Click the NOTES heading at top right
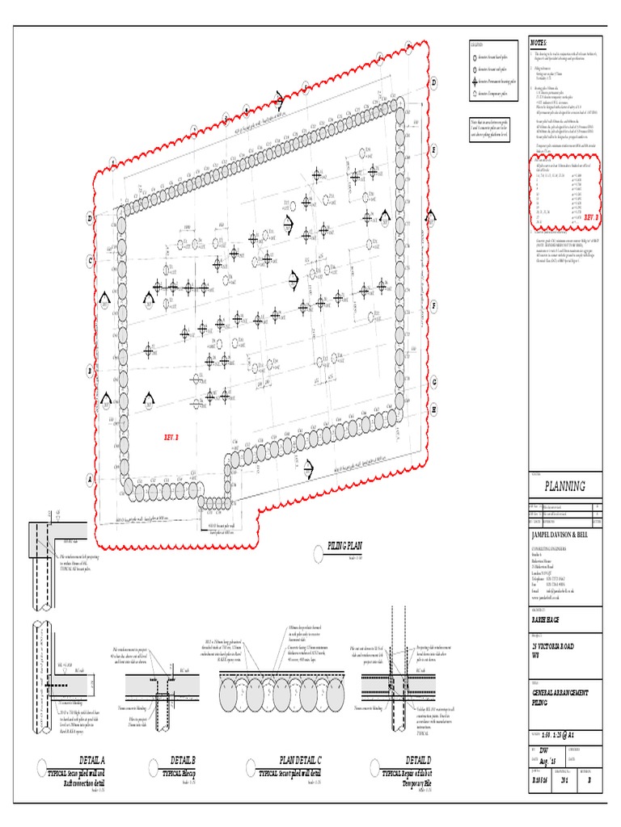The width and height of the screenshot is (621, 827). tap(539, 42)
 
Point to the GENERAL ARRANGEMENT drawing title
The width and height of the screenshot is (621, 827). tap(560, 693)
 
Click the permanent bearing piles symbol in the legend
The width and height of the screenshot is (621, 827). tap(474, 82)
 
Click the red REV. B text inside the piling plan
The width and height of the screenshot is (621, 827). tap(171, 437)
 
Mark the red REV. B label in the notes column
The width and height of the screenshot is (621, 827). tap(591, 217)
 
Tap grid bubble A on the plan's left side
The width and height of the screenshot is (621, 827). tap(91, 478)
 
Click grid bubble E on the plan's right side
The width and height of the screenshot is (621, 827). tap(433, 149)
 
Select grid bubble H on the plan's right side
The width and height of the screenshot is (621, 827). tap(433, 409)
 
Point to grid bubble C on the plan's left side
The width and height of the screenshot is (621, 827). tap(91, 260)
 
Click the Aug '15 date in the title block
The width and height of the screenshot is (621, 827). tap(547, 762)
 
